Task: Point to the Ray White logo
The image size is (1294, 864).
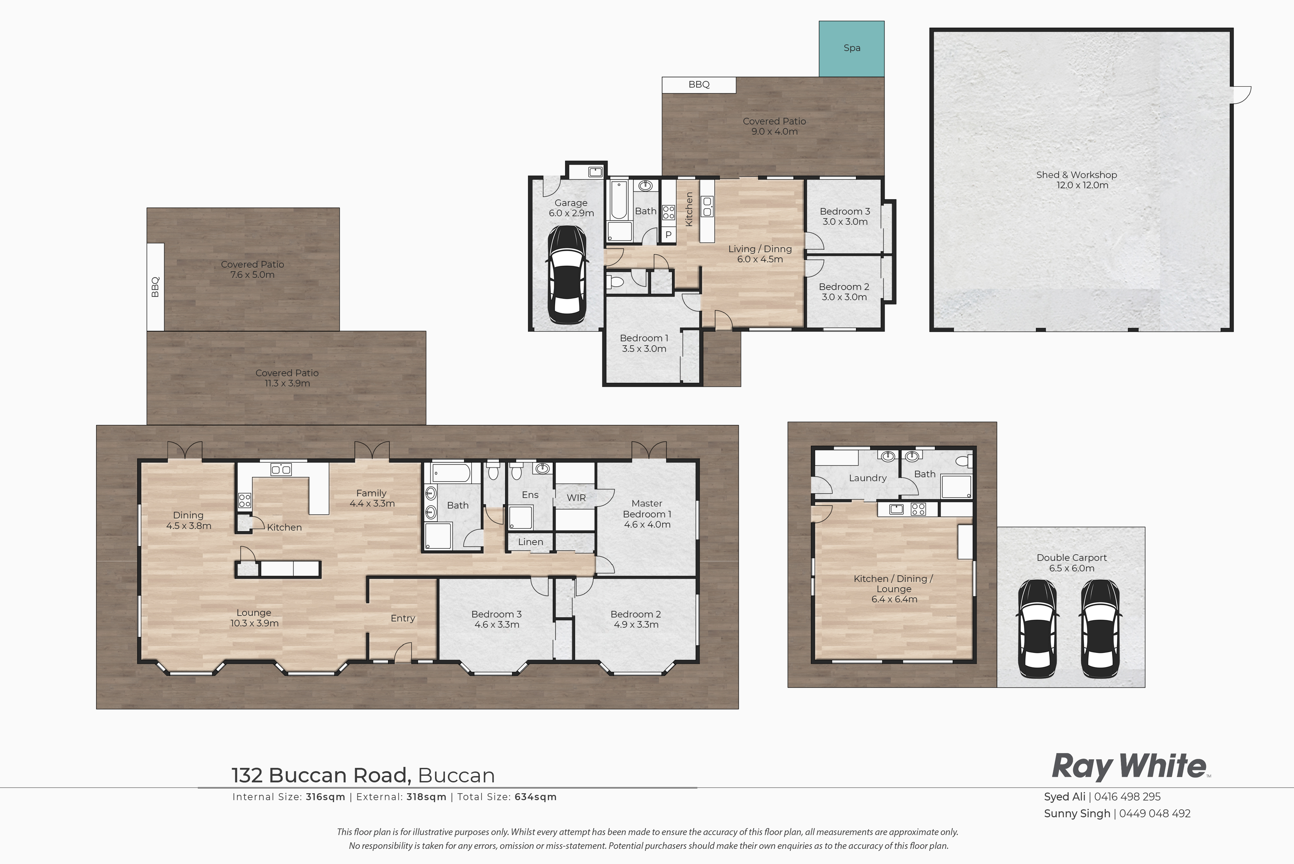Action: point(1130,767)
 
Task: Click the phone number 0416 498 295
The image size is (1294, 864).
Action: point(1127,797)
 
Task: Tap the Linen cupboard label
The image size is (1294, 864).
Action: point(530,542)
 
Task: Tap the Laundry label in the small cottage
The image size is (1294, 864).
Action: point(867,478)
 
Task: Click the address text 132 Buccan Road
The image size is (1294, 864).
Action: point(321,775)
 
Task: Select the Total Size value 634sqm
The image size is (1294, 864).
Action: point(535,797)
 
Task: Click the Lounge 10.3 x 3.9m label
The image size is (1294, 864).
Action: point(254,618)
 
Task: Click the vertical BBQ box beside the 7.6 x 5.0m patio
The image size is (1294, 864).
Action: point(155,287)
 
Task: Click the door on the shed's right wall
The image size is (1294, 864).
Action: point(1241,94)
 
